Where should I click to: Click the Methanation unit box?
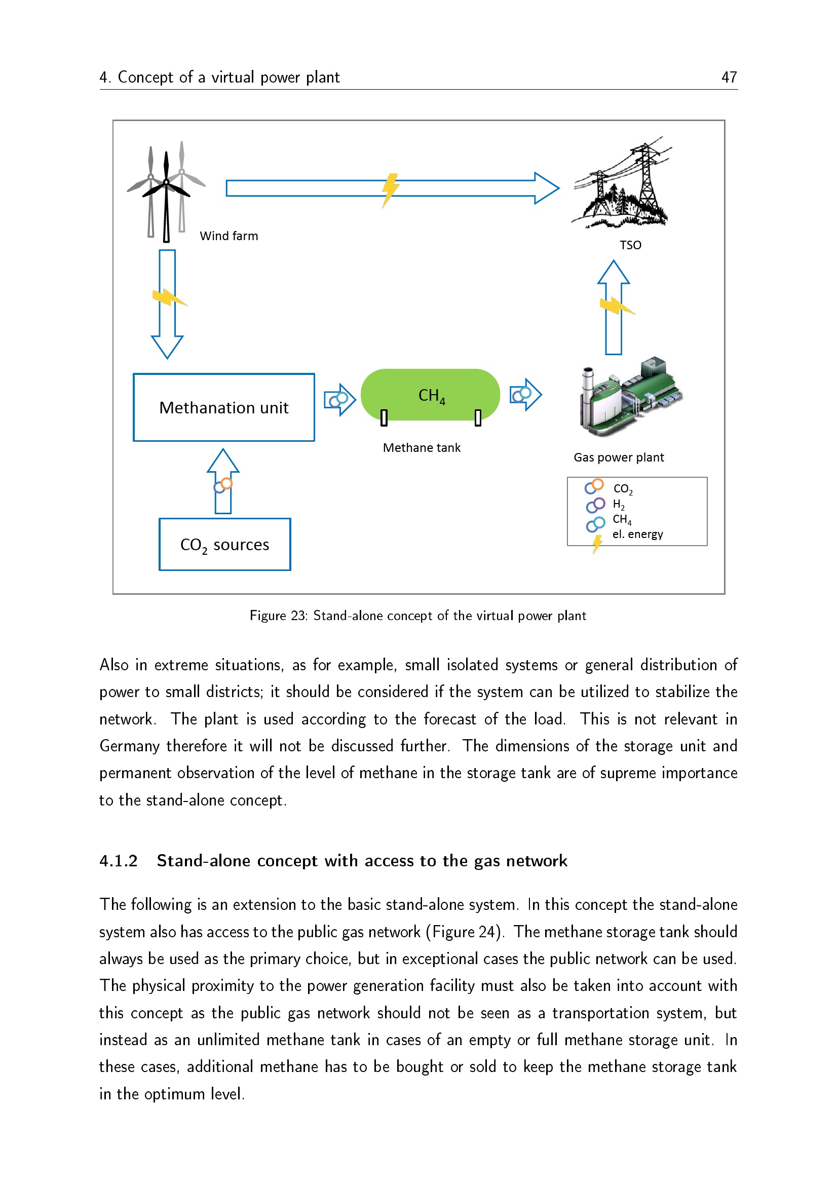(223, 407)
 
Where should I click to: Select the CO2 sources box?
(224, 544)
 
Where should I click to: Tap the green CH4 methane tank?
(430, 395)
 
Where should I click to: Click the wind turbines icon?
(166, 191)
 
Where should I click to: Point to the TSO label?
(630, 245)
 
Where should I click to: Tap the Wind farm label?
(228, 236)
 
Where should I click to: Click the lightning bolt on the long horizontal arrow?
(390, 189)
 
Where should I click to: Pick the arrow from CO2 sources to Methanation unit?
(223, 481)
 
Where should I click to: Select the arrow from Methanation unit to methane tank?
(339, 399)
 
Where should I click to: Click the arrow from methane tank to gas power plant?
(525, 395)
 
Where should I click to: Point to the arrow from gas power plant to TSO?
(614, 308)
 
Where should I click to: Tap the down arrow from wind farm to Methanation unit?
(167, 304)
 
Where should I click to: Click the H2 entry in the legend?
(618, 504)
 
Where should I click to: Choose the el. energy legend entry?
(637, 534)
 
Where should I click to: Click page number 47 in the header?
(729, 78)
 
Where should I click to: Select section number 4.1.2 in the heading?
(119, 861)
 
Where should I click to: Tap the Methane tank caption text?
(421, 447)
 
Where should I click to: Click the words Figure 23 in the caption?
(278, 616)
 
